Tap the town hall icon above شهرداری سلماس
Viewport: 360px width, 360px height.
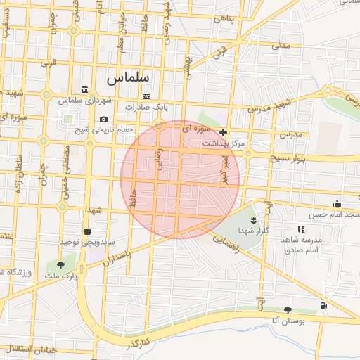85,89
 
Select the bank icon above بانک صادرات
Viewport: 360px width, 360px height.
146,96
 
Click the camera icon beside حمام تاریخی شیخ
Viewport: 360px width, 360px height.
104,120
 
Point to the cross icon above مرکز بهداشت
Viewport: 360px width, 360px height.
223,132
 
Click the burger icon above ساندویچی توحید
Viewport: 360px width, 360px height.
87,231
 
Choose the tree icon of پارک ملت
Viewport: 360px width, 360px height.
60,265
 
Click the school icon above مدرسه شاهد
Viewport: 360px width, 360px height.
301,229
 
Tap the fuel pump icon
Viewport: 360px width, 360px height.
323,305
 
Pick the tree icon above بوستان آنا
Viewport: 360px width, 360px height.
288,310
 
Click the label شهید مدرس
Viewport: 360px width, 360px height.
269,107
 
